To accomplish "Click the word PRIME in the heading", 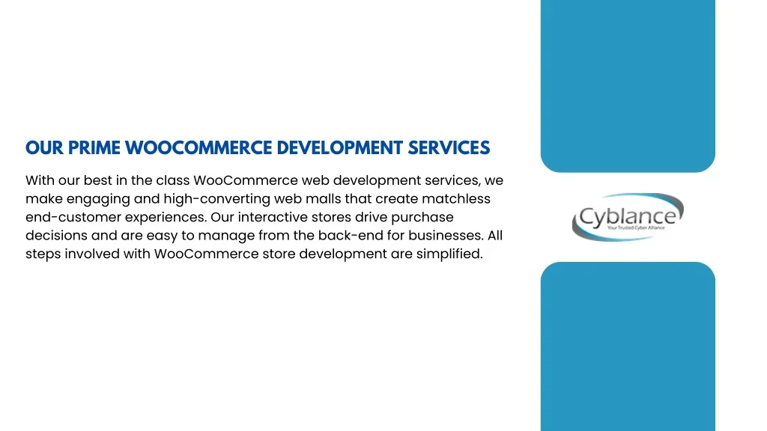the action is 94,147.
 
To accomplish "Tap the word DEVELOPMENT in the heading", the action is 339,147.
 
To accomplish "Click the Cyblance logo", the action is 628,217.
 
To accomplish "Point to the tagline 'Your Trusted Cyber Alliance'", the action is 636,227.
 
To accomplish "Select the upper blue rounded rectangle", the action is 628,86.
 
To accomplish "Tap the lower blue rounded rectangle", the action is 628,346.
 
